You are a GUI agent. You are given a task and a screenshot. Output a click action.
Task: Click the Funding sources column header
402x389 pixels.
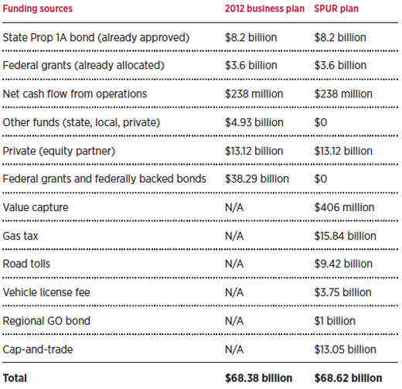38,9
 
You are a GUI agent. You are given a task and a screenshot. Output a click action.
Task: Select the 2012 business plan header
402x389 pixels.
264,9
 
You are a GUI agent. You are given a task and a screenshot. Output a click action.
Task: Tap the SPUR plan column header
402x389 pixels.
336,9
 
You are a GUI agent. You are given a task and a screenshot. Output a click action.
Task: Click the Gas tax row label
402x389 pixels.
20,236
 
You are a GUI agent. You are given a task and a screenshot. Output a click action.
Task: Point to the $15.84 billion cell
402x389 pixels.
345,236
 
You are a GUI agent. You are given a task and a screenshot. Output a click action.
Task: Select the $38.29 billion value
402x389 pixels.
257,179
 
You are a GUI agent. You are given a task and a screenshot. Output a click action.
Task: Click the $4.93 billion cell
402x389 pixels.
254,122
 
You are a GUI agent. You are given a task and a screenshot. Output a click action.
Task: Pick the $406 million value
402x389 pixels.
344,207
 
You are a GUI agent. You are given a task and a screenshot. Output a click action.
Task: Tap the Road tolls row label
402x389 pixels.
26,264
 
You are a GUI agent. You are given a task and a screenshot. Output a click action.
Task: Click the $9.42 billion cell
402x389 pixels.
343,264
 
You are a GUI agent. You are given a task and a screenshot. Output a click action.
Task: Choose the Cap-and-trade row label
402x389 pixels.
38,350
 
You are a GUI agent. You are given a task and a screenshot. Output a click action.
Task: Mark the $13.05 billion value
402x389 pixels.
345,350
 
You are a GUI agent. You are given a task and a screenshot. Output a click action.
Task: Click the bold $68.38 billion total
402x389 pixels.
258,378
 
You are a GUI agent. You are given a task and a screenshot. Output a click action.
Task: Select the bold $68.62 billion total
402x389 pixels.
348,378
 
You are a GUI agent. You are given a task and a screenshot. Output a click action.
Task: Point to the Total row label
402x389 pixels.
15,378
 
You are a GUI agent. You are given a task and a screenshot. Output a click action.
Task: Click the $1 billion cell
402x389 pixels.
335,321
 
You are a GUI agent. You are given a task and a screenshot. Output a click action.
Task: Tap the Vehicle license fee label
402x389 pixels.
46,292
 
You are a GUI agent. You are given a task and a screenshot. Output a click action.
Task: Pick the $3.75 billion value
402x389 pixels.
342,292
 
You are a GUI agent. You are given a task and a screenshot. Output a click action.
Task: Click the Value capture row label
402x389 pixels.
36,207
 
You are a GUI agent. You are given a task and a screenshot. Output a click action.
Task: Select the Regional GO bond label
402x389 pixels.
46,321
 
